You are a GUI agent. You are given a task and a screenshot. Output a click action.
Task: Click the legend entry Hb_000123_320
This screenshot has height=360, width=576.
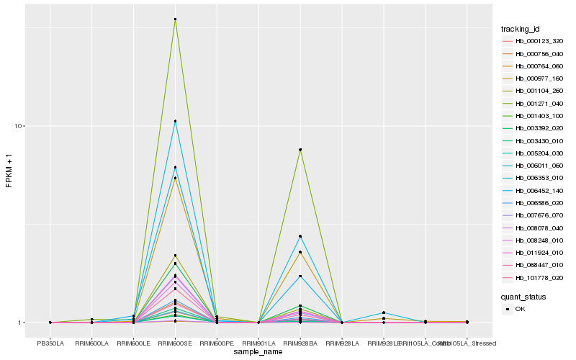point(534,41)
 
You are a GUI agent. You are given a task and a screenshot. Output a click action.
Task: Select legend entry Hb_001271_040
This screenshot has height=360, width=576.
point(534,104)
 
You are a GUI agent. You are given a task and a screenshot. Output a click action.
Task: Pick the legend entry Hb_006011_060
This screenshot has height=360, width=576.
point(534,166)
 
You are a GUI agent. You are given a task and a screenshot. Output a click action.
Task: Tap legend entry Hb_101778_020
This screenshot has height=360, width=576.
point(534,278)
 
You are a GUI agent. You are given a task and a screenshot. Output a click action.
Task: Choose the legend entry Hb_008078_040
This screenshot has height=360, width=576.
point(534,228)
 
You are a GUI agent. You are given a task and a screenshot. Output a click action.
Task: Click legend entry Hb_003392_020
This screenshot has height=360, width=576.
point(534,128)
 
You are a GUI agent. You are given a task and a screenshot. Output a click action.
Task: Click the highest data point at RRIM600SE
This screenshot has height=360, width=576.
point(175,19)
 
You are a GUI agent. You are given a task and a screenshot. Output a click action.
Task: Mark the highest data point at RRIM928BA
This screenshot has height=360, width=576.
point(300,150)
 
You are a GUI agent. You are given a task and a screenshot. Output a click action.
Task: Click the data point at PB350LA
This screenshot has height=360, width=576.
point(50,323)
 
